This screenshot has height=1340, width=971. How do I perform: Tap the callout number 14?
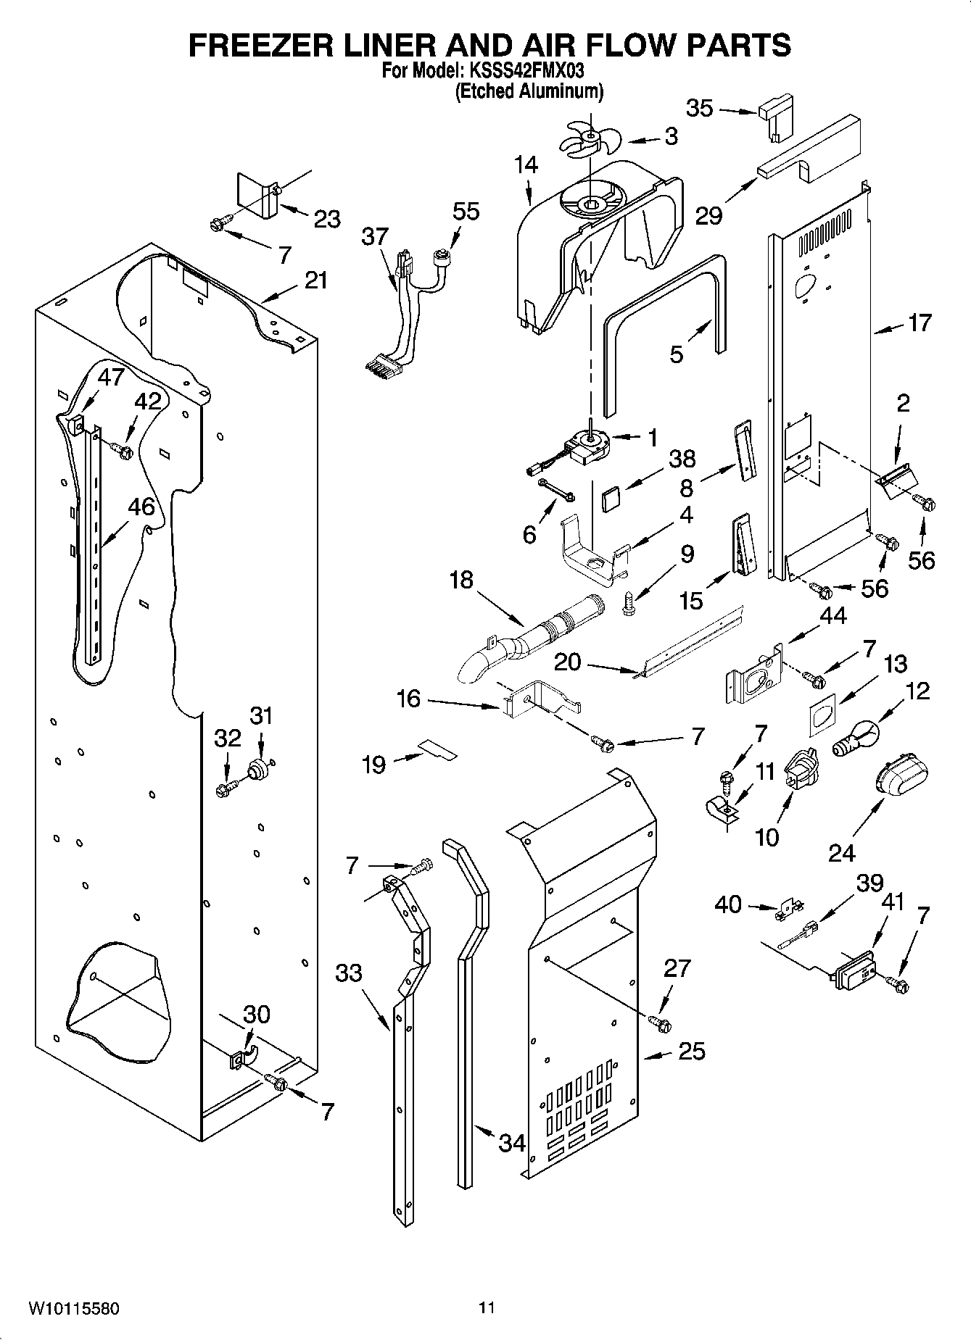[x=526, y=166]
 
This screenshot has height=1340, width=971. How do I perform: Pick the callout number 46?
[x=141, y=507]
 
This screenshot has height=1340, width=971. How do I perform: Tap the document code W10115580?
[x=74, y=1309]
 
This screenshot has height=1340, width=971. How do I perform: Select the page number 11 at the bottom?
[x=487, y=1308]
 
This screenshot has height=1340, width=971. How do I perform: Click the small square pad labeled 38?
[x=612, y=500]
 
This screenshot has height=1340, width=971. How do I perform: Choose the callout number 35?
[x=700, y=109]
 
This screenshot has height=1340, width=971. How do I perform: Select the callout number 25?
[x=691, y=1051]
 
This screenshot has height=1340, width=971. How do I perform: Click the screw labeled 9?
[x=629, y=605]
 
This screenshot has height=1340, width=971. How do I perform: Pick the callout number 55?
[x=466, y=211]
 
